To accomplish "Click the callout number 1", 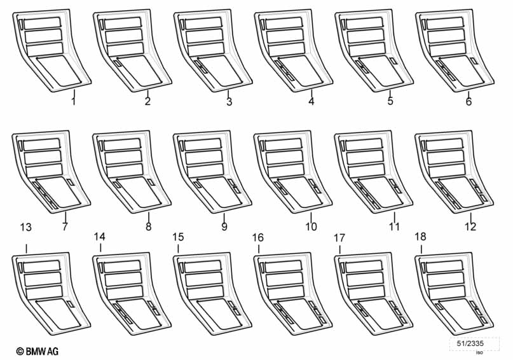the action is tap(74, 100).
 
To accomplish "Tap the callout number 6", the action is tap(469, 102).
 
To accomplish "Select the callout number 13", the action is tap(26, 227).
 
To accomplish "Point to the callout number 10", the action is tap(311, 226).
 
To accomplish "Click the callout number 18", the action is tap(420, 237).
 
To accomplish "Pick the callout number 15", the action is tap(178, 237).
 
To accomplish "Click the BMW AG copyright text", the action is tap(38, 352).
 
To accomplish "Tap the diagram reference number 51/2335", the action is tap(470, 343).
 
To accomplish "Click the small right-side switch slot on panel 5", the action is tap(393, 61).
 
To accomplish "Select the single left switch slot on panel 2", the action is tap(118, 64).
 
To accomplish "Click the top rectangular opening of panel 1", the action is tap(43, 23).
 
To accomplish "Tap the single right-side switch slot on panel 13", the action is tap(71, 304).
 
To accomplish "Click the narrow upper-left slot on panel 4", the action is tap(263, 24).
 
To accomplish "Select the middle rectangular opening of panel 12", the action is tap(446, 157).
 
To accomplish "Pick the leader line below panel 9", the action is tap(224, 218).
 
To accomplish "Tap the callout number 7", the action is tap(65, 226).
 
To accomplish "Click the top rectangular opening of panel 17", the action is tap(364, 266).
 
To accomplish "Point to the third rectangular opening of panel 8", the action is tap(125, 170).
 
